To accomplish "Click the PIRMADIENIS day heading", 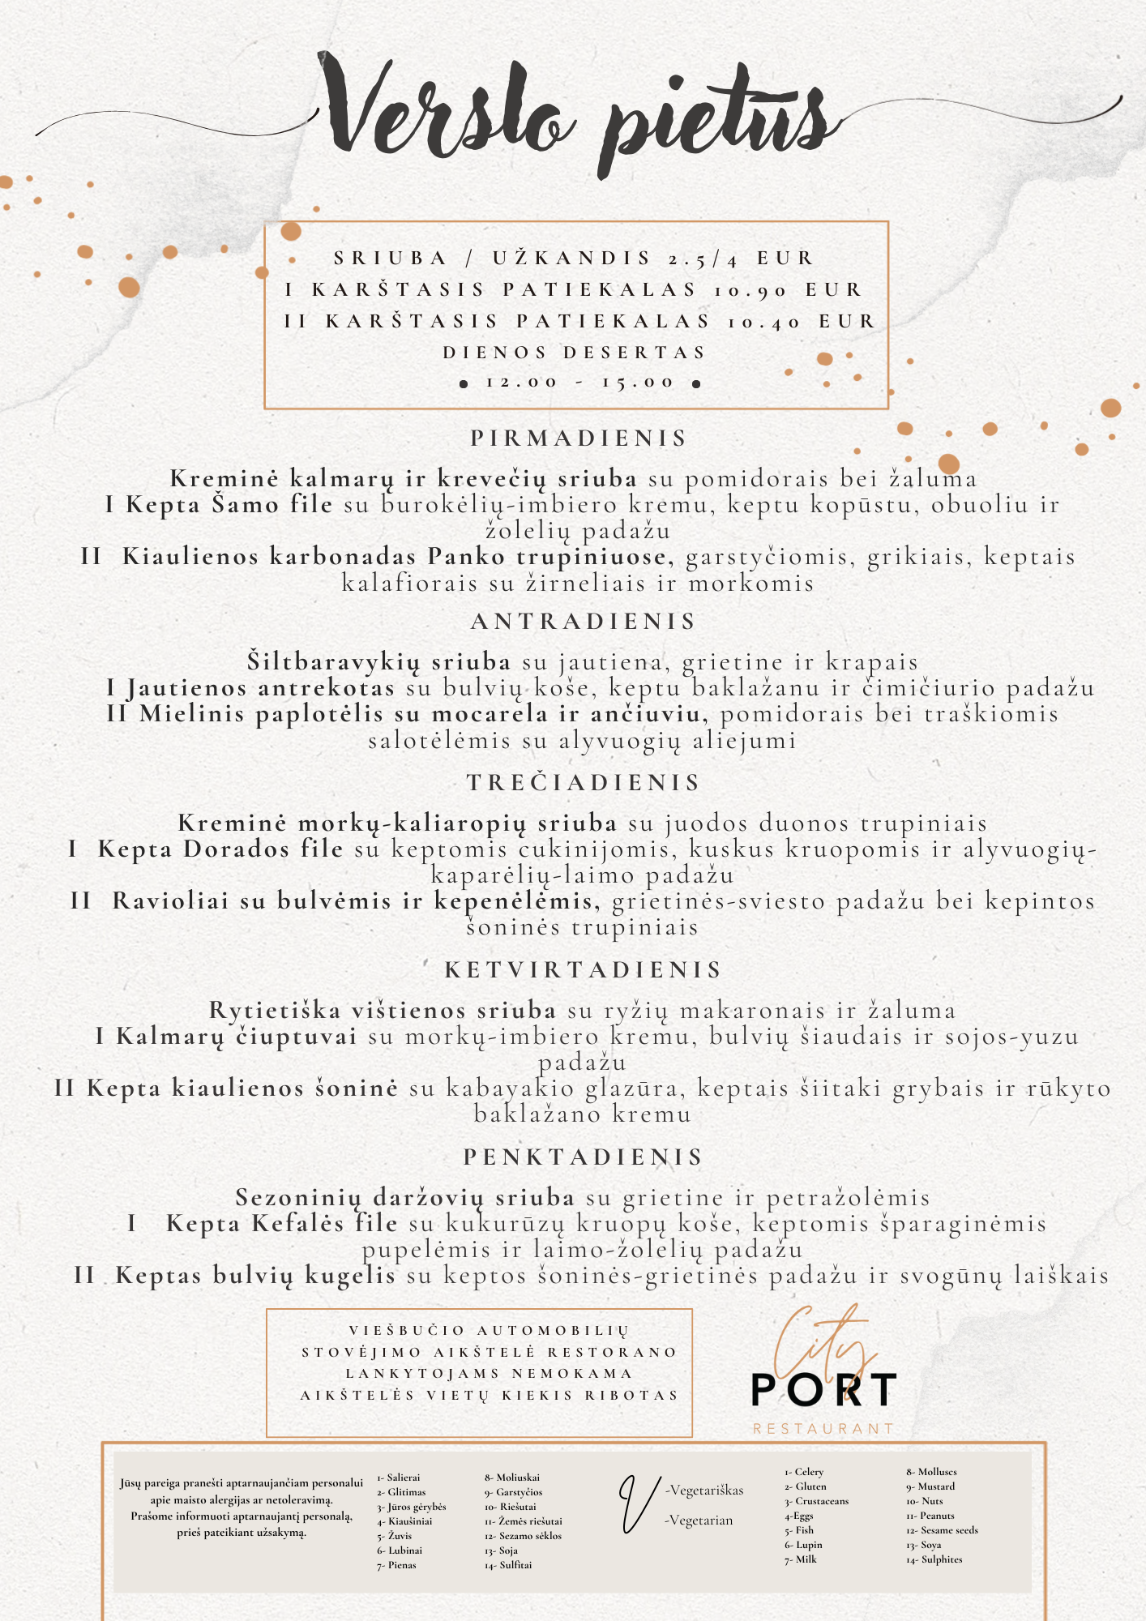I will click(x=579, y=438).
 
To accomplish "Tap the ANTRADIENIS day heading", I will click(x=584, y=622).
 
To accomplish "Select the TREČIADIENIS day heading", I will click(x=584, y=783).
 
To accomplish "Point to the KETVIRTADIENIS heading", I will click(x=584, y=970).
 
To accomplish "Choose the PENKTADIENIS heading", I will click(x=584, y=1157).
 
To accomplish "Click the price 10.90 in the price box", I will click(x=750, y=290).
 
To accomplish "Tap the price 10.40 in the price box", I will click(x=764, y=322).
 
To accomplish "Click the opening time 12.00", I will click(x=521, y=383).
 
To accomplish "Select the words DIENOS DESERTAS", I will click(x=575, y=353).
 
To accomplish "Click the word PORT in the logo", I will click(x=823, y=1390).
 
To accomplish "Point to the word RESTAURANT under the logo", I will click(x=823, y=1429).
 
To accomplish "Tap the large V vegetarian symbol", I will click(x=638, y=1504).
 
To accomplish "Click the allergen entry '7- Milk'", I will click(x=801, y=1559).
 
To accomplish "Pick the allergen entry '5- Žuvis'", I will click(x=395, y=1536).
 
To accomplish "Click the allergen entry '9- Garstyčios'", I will click(x=514, y=1492).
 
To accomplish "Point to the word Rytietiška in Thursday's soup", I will click(x=275, y=1011).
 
